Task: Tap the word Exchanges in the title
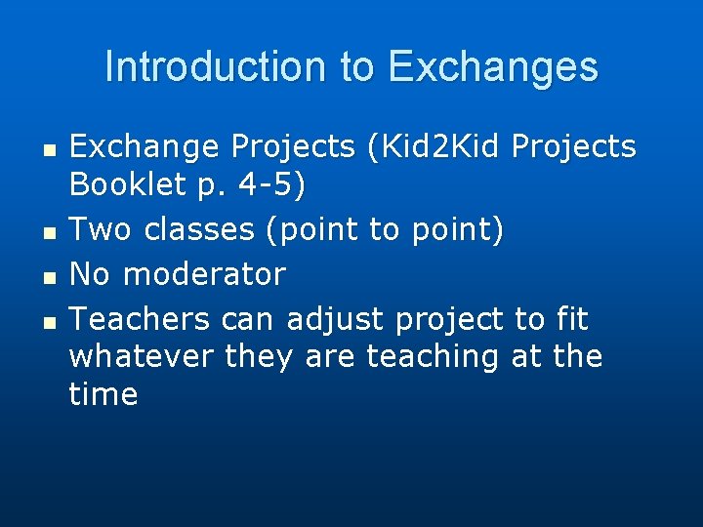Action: (493, 66)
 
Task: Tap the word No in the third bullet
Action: (90, 275)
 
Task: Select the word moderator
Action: (202, 275)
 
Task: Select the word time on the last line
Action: (103, 394)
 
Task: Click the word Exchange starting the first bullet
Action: (144, 148)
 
